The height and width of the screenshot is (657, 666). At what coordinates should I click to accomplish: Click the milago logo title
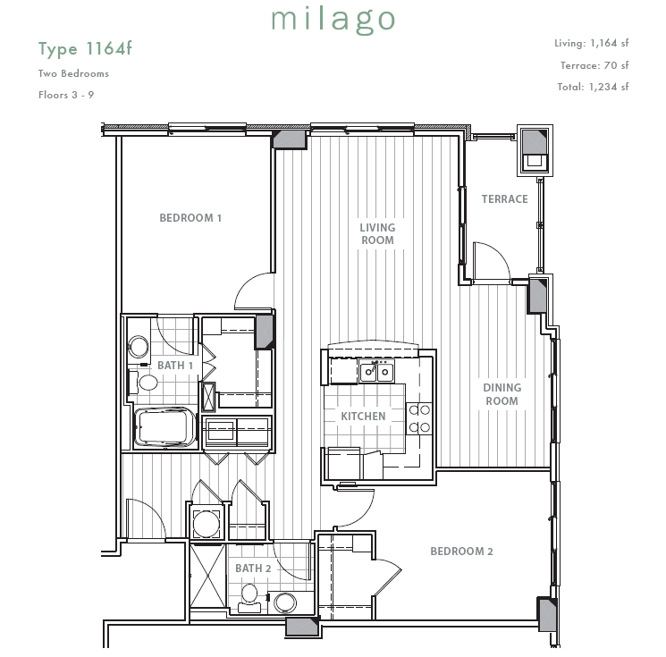[333, 21]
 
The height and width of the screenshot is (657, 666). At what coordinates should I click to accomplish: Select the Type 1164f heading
[85, 49]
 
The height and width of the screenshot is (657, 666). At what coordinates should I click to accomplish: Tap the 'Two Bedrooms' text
[73, 73]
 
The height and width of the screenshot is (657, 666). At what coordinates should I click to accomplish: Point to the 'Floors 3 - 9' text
[66, 95]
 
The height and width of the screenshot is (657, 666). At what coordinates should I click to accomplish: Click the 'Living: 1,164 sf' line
[591, 43]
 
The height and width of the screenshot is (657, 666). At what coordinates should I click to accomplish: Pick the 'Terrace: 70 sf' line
[594, 65]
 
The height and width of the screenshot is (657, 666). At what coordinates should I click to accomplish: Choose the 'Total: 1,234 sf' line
[593, 87]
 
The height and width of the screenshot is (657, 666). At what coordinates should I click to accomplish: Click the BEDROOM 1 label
[190, 218]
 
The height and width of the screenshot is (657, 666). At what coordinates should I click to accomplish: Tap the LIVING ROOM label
[377, 233]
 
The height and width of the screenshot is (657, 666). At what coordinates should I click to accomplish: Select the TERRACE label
[504, 199]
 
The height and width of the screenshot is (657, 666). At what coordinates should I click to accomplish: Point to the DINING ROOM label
[502, 394]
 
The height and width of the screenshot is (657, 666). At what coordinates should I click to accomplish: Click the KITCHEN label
[363, 417]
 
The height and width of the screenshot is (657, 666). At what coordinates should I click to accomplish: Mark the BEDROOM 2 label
[461, 552]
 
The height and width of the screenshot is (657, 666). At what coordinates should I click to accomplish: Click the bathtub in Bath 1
[164, 426]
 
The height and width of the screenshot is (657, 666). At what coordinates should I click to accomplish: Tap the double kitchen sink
[376, 372]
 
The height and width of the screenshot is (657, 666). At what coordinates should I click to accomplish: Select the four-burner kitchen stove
[419, 418]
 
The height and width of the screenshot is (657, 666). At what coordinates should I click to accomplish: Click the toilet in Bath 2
[249, 598]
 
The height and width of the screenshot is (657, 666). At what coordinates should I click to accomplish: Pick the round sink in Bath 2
[284, 603]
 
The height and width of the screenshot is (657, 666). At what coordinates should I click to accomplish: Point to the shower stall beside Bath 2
[207, 576]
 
